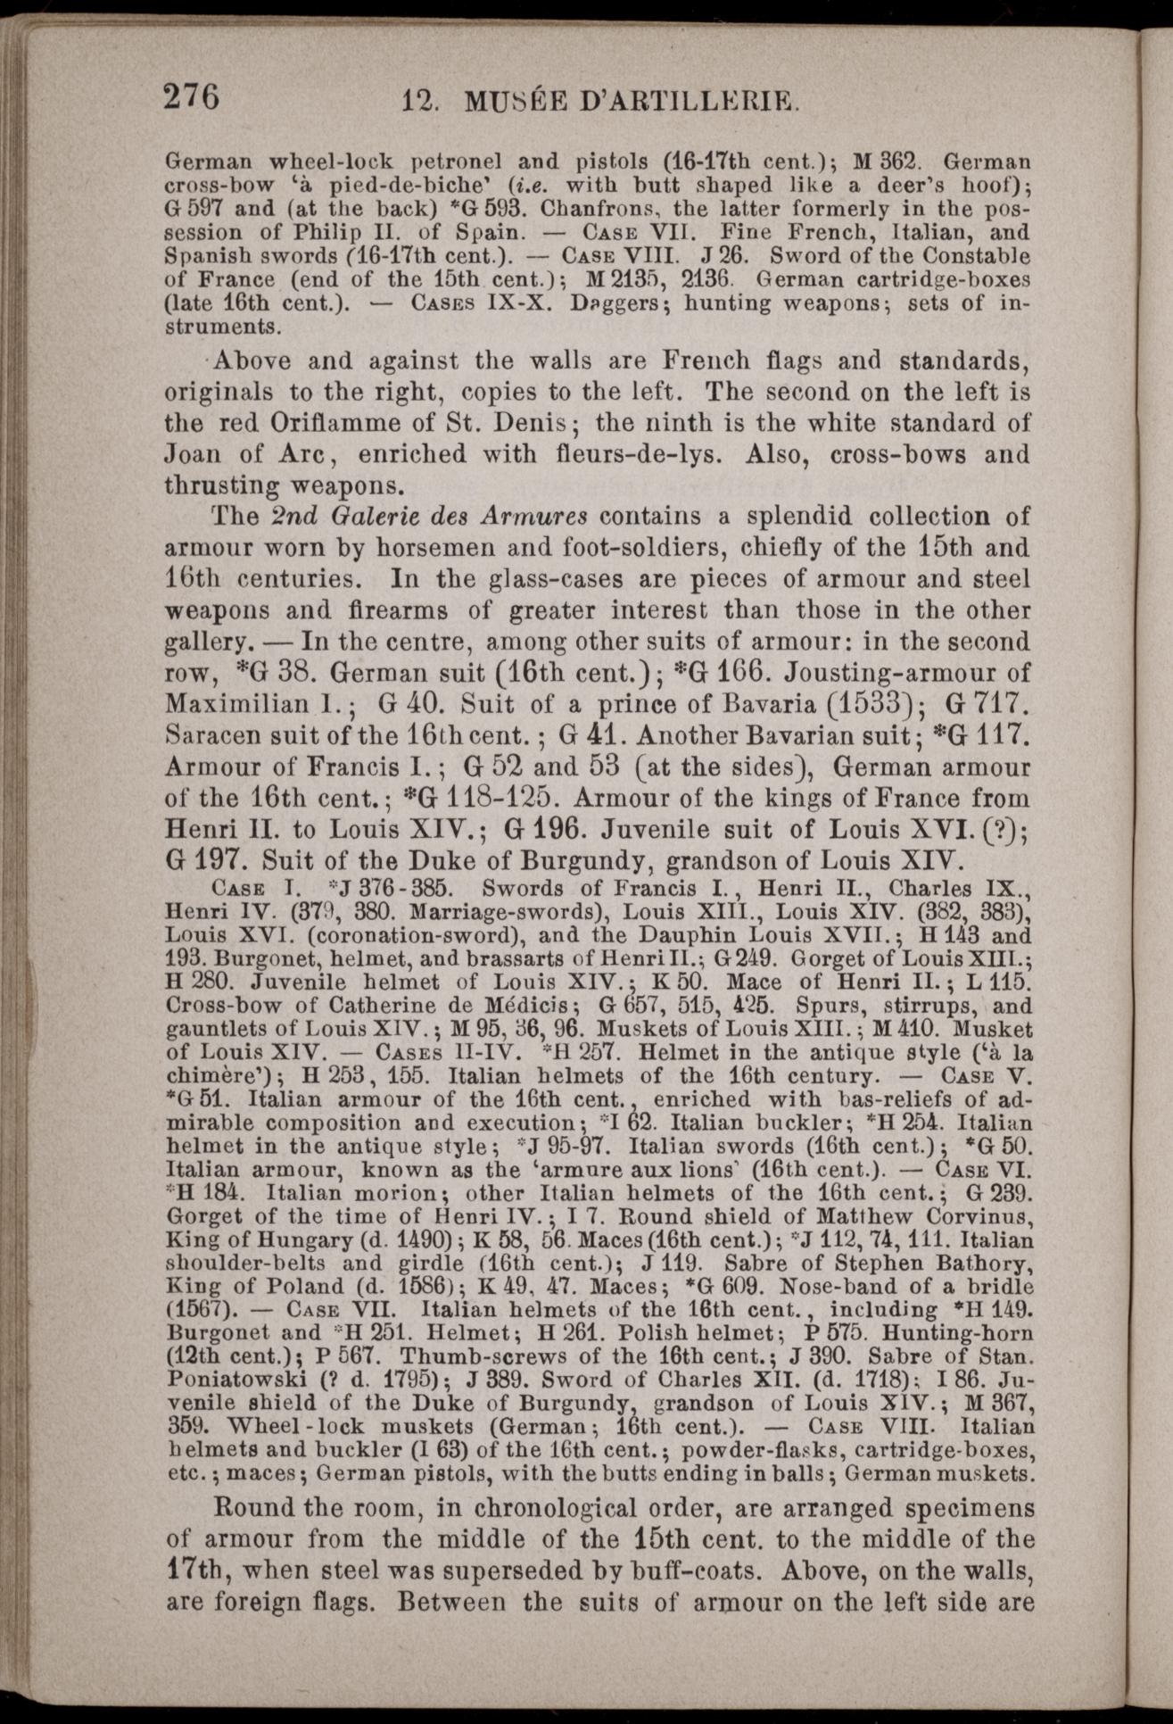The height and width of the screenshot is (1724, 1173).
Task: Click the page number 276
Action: (x=190, y=95)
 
